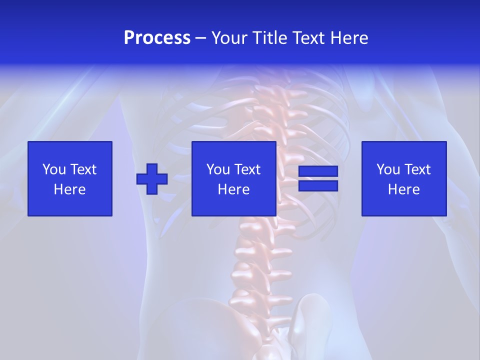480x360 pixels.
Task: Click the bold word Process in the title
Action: (157, 38)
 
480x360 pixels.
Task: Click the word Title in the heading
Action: (268, 38)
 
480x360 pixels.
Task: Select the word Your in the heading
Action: (228, 38)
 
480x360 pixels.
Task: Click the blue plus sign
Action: (152, 179)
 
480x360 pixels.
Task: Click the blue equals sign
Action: (318, 178)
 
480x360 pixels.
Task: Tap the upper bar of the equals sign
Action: (318, 171)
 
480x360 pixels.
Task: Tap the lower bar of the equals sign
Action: (318, 185)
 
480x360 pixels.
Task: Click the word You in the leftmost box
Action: (53, 169)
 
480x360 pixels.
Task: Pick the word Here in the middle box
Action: (233, 189)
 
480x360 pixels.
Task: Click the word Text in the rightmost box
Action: (417, 169)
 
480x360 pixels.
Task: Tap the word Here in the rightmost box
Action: (403, 189)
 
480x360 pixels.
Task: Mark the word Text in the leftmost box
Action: (83, 169)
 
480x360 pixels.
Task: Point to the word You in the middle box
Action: (217, 169)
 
